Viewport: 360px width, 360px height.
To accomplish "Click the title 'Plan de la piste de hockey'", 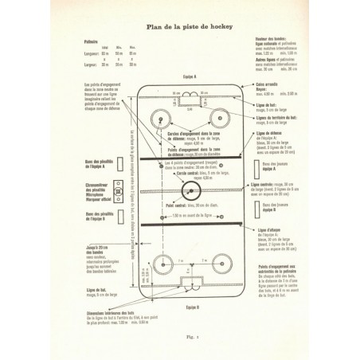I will coord(180,26).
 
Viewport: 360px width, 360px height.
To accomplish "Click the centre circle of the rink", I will coord(188,191).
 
